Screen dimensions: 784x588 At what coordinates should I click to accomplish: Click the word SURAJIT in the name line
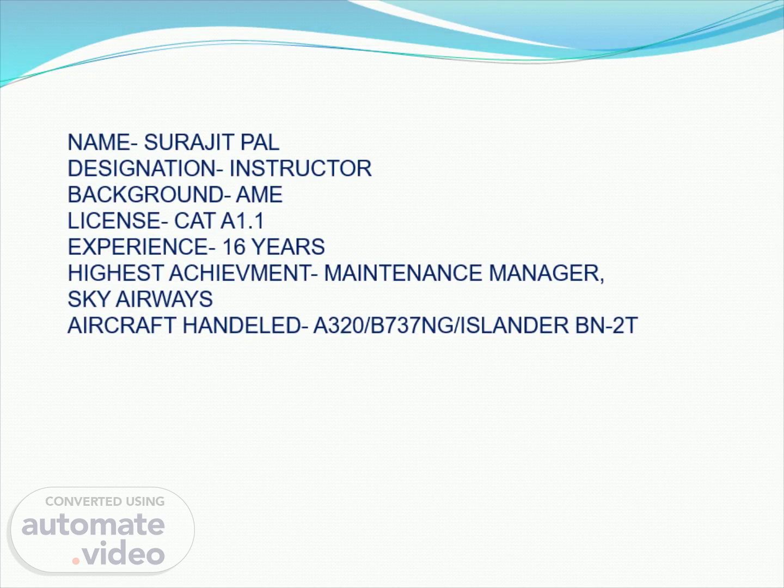188,142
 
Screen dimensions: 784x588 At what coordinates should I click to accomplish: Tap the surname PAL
260,142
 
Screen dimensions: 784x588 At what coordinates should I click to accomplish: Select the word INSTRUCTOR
301,168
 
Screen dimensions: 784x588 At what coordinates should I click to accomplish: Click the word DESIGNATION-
145,168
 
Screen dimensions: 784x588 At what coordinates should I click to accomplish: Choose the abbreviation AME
259,194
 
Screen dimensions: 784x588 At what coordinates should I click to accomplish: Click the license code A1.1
242,220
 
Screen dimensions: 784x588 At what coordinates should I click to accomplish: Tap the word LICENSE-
118,220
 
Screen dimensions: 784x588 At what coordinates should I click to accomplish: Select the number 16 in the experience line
234,247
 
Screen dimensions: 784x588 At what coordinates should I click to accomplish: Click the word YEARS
288,247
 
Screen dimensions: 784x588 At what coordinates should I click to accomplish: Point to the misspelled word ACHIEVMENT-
243,273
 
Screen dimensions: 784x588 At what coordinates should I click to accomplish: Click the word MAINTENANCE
403,273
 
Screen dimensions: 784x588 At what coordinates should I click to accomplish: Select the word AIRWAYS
164,299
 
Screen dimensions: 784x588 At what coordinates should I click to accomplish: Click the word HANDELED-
245,325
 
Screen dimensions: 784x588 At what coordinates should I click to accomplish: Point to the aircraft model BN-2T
606,325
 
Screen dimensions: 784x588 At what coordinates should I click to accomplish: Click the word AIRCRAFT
122,325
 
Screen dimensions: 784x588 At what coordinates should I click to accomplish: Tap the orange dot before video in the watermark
76,561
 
